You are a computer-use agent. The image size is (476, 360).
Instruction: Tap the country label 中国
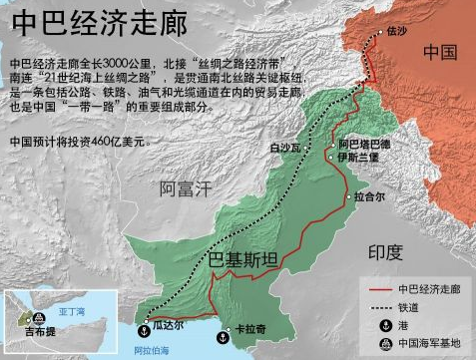tap(440, 51)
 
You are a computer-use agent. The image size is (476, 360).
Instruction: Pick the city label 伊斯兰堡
tap(358, 157)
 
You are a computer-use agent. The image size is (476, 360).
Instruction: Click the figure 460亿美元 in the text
tap(115, 141)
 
